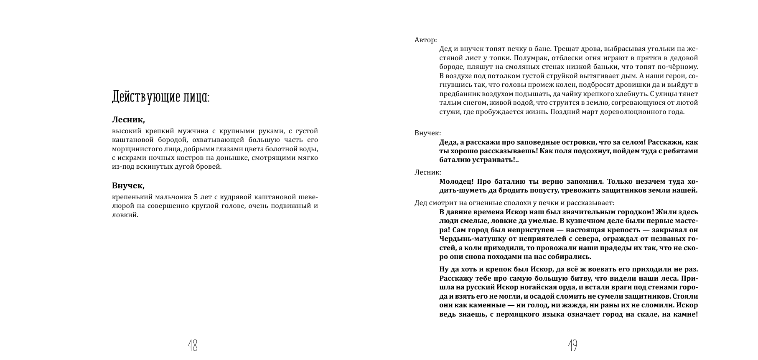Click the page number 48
pos(192,345)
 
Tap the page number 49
pos(572,345)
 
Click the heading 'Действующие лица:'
pos(160,97)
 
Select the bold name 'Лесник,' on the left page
pos(128,120)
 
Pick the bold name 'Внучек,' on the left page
pos(128,185)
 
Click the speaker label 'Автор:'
pos(425,40)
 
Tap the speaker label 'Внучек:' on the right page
pos(427,133)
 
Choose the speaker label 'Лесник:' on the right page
pos(427,172)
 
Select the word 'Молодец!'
pos(456,181)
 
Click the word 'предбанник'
pos(459,94)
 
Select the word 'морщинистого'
pos(134,149)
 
